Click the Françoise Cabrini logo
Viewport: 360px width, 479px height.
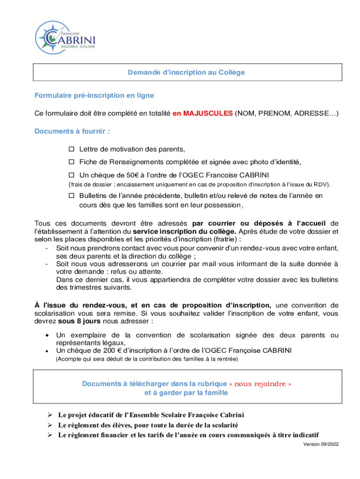65,37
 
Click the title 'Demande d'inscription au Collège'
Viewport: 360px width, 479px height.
187,73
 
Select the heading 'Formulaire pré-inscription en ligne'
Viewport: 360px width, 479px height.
94,95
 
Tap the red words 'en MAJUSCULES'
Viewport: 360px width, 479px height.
202,114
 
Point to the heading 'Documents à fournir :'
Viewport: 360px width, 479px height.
72,131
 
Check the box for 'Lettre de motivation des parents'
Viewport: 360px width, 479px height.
72,149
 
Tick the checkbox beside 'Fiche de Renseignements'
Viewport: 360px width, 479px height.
72,162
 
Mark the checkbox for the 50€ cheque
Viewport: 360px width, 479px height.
72,175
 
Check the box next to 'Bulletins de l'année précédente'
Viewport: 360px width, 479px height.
72,196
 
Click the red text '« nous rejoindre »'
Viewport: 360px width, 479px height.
263,384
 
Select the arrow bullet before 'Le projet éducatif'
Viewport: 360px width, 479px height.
49,415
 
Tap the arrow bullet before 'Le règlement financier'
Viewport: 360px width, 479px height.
49,435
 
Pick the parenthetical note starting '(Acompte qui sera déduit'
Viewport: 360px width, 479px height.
147,359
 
